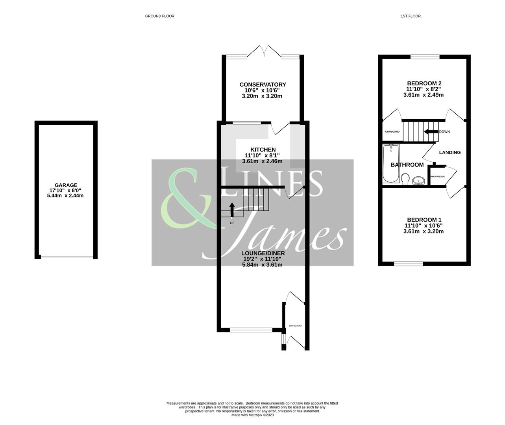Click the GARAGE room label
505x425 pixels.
pyautogui.click(x=66, y=185)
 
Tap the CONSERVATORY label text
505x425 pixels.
pyautogui.click(x=263, y=85)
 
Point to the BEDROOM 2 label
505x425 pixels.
pyautogui.click(x=424, y=83)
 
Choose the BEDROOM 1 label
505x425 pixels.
pyautogui.click(x=424, y=220)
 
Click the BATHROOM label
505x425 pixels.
pyautogui.click(x=407, y=165)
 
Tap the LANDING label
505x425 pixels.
pyautogui.click(x=450, y=152)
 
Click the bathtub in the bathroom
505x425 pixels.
pyautogui.click(x=391, y=163)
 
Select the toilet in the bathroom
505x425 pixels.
pyautogui.click(x=404, y=179)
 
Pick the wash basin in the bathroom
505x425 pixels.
pyautogui.click(x=418, y=181)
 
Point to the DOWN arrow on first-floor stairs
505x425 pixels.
pyautogui.click(x=431, y=132)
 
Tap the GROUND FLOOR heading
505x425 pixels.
pyautogui.click(x=159, y=16)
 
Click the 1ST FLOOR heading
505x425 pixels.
pyautogui.click(x=411, y=16)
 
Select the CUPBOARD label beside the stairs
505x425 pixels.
pyautogui.click(x=392, y=132)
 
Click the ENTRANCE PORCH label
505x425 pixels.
pyautogui.click(x=295, y=326)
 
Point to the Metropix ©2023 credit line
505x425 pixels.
pyautogui.click(x=252, y=415)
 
